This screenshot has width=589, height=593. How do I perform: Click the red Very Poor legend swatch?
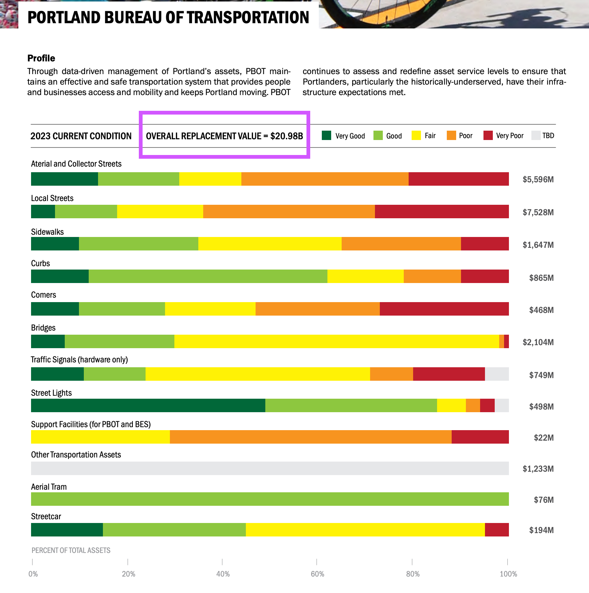tap(488, 136)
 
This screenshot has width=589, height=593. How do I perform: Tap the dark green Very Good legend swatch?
tap(326, 136)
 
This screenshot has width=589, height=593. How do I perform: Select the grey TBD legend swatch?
tap(536, 136)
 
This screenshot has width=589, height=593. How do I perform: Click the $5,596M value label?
tap(538, 179)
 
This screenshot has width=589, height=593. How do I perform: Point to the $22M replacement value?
tap(543, 438)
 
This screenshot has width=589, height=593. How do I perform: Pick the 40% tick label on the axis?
tap(223, 574)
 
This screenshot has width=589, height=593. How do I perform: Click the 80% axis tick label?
tap(413, 574)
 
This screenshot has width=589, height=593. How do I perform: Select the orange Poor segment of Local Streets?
tap(289, 212)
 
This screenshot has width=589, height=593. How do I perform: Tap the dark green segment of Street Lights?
tap(148, 405)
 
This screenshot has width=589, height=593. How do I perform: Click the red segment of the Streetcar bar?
tap(497, 530)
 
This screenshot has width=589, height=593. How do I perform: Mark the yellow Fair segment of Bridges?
tap(336, 341)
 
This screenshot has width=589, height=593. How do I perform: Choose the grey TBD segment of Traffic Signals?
tap(497, 374)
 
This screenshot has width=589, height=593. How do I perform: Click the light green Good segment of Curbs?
tap(208, 276)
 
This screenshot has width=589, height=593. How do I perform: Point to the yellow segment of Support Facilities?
tap(100, 437)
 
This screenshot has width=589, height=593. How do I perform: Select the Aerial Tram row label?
tap(49, 487)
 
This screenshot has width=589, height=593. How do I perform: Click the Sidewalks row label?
tap(48, 232)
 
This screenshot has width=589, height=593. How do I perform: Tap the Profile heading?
tap(41, 58)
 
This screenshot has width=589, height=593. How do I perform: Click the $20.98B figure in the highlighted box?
tap(286, 136)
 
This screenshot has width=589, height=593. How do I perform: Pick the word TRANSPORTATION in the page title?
tap(248, 17)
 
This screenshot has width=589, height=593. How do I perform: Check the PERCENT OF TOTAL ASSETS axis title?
tap(71, 550)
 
